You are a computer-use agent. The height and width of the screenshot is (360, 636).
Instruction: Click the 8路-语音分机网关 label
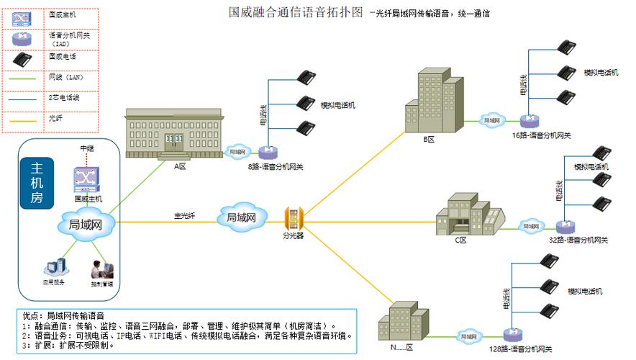tap(276, 167)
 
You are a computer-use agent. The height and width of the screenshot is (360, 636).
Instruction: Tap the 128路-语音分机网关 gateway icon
tap(512, 334)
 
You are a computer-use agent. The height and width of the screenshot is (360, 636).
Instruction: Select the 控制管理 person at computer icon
tap(101, 269)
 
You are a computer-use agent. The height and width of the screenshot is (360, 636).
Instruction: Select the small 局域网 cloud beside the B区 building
tap(491, 120)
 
